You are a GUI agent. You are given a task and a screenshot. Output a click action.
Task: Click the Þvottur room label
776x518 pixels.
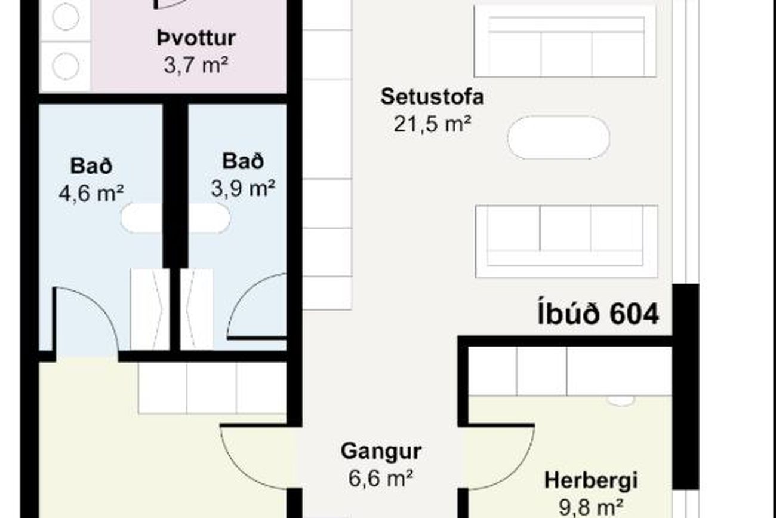(196, 38)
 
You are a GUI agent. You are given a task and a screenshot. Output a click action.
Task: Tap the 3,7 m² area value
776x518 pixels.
(196, 65)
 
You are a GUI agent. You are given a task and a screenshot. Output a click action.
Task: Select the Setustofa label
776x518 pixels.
(432, 96)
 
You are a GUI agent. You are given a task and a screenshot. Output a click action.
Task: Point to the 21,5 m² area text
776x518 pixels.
(432, 124)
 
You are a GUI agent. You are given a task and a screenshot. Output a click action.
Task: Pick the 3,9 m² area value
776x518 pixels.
(243, 188)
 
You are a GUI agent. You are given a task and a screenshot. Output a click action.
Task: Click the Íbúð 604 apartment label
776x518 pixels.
(598, 314)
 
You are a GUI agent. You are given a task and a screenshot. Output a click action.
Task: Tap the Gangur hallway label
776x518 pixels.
(381, 452)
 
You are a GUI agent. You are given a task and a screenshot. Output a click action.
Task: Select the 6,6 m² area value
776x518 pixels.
(381, 478)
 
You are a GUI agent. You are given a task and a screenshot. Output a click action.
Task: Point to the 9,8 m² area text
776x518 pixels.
(591, 507)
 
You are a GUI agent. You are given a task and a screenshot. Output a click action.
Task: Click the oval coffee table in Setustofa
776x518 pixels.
(559, 137)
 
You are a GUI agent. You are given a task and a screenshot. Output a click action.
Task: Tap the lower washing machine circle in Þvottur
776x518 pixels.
(66, 66)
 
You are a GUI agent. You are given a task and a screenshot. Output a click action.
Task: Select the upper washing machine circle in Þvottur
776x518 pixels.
(66, 17)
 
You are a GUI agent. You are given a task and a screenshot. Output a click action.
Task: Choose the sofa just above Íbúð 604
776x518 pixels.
(566, 241)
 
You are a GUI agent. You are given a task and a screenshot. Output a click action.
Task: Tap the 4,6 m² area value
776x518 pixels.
(91, 193)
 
